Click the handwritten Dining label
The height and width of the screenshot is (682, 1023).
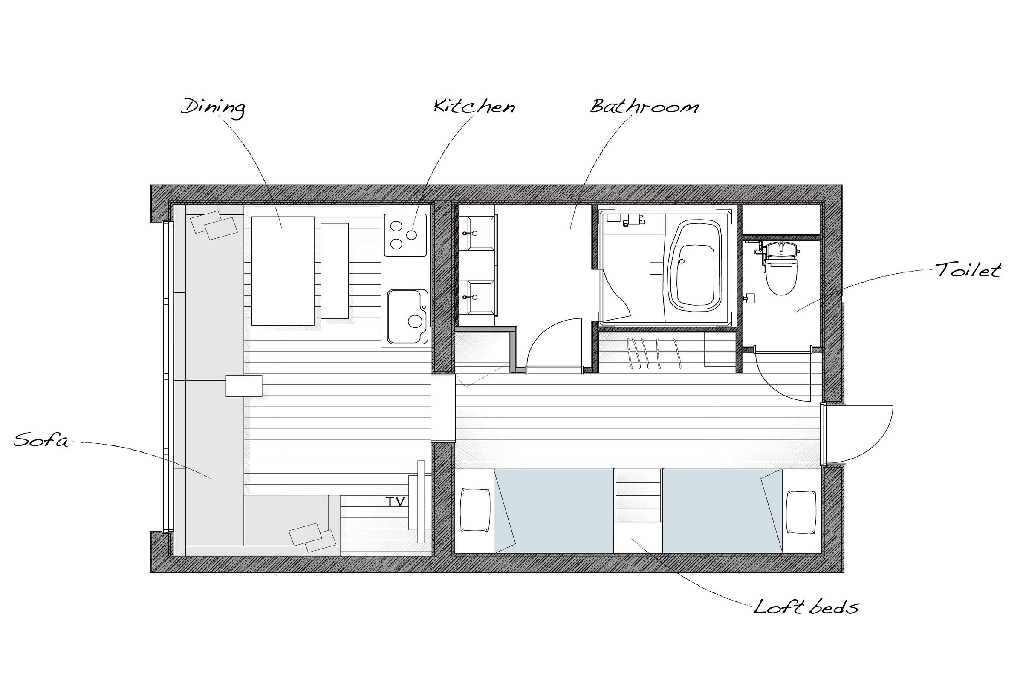213,107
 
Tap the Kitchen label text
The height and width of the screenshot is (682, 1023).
474,106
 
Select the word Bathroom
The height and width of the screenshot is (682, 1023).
644,106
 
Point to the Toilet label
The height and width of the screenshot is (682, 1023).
968,270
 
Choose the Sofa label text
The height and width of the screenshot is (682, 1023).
41,440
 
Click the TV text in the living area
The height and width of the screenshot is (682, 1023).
396,502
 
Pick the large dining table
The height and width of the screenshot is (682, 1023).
283,271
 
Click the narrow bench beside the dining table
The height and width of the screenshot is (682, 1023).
335,271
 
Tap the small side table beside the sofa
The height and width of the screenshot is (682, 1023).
243,386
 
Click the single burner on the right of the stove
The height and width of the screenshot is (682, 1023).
411,235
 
